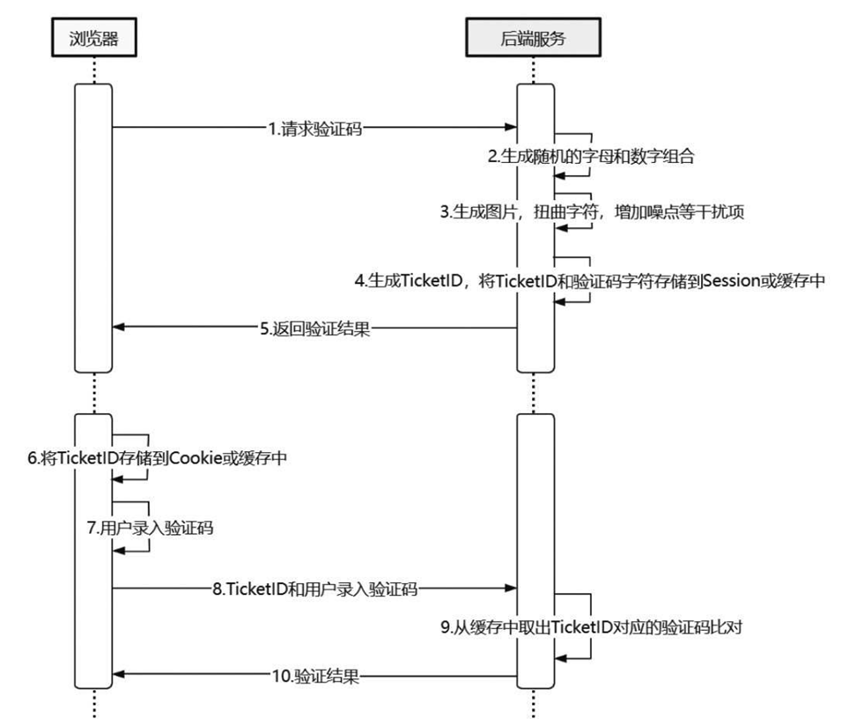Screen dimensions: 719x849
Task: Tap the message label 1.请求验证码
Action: point(315,128)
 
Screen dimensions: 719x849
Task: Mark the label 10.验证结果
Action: point(314,676)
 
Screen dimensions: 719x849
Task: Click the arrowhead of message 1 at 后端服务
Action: point(510,128)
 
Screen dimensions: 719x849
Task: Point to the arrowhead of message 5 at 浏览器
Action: point(119,328)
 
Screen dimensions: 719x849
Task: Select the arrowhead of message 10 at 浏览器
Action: point(119,676)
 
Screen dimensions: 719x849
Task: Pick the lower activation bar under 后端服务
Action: point(535,551)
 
